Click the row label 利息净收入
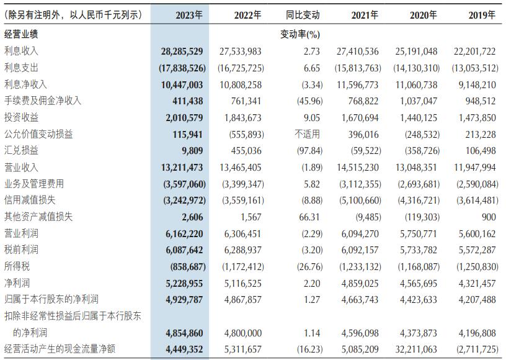tap(26, 84)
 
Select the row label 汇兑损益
tap(22, 151)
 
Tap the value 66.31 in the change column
tap(309, 217)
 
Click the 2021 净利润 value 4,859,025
tap(359, 282)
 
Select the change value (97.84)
tap(305, 151)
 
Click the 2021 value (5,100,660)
tap(356, 200)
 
